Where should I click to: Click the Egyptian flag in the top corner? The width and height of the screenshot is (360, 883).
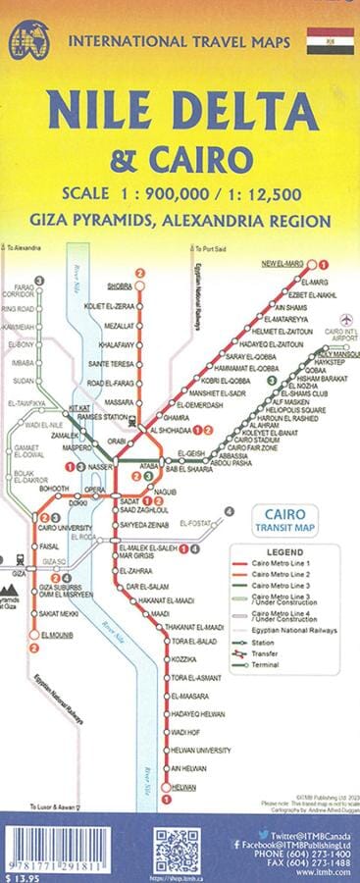(329, 40)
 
